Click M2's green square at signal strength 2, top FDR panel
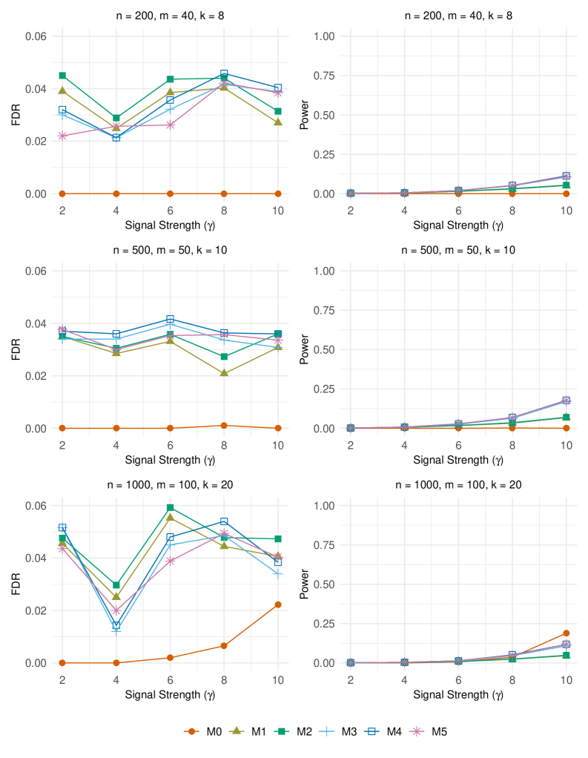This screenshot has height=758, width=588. point(62,76)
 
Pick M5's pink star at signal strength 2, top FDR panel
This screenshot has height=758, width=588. point(62,136)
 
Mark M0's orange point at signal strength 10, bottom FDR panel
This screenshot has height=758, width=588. point(278,604)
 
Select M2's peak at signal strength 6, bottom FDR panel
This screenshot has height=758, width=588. point(170,508)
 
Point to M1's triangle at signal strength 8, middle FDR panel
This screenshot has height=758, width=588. point(224,373)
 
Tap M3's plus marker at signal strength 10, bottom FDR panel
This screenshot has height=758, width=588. point(278,574)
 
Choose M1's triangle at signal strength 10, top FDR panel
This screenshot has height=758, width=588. point(278,122)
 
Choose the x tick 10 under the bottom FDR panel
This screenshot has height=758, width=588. point(278,679)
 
